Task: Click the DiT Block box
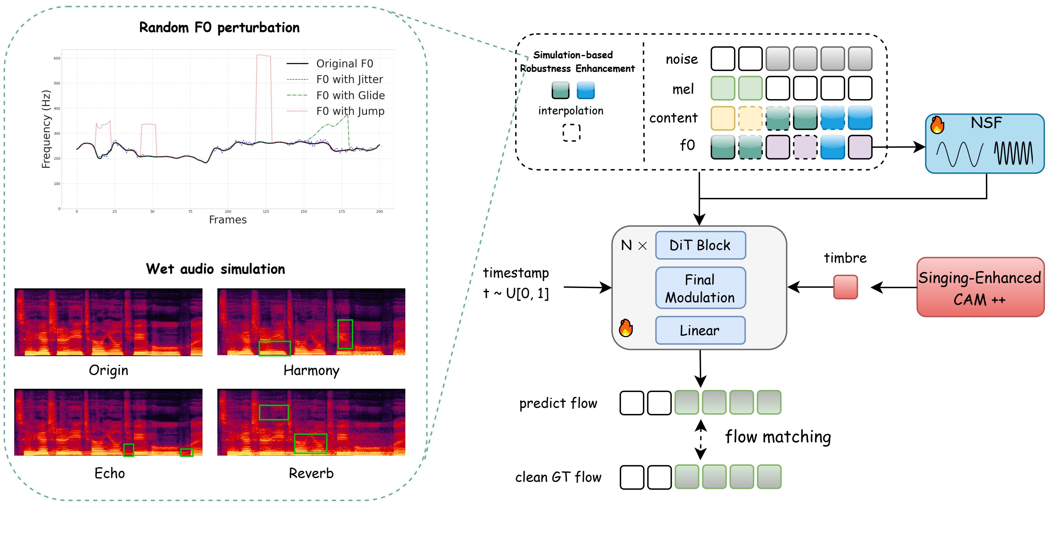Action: pyautogui.click(x=700, y=245)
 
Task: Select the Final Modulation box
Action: pyautogui.click(x=700, y=288)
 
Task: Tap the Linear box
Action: pyautogui.click(x=700, y=330)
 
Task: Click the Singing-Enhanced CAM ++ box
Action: pyautogui.click(x=980, y=287)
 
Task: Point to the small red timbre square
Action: pyautogui.click(x=846, y=287)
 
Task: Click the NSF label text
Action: pyautogui.click(x=986, y=122)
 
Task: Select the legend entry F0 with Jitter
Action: pyautogui.click(x=349, y=79)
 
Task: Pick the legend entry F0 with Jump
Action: pyautogui.click(x=350, y=111)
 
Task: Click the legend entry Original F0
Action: pyautogui.click(x=345, y=64)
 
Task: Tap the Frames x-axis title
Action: pyautogui.click(x=228, y=220)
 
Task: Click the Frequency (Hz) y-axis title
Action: pyautogui.click(x=46, y=129)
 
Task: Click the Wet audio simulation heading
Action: pyautogui.click(x=215, y=269)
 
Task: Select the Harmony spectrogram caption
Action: pyautogui.click(x=311, y=370)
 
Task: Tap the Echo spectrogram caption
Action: pyautogui.click(x=109, y=473)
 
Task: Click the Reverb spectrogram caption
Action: pyautogui.click(x=311, y=473)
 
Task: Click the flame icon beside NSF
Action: pyautogui.click(x=937, y=125)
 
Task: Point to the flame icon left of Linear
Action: pyautogui.click(x=626, y=328)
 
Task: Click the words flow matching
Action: pyautogui.click(x=778, y=437)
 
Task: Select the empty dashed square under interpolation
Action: pyautogui.click(x=571, y=133)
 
